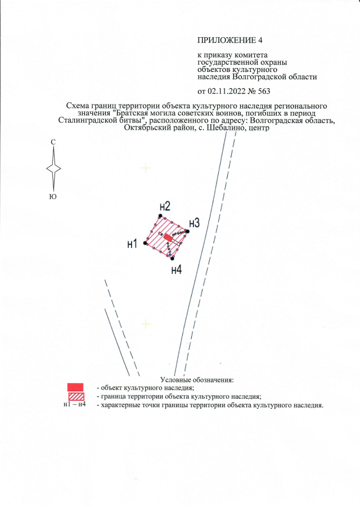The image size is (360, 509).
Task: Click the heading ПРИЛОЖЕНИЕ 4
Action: tap(230, 40)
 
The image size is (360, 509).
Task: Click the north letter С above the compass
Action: tap(53, 143)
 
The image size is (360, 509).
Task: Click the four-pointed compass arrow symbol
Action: tap(53, 169)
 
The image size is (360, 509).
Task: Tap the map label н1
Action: tap(133, 244)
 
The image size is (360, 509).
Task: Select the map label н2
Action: tap(164, 206)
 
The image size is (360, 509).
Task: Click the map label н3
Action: tap(194, 223)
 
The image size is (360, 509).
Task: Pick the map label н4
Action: tap(176, 270)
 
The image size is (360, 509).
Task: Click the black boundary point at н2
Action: tap(160, 216)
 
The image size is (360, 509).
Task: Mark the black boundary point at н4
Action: tap(172, 258)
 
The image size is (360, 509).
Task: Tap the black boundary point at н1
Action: tap(145, 244)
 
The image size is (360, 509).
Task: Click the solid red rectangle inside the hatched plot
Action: tap(168, 238)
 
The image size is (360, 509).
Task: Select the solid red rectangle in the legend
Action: tap(75, 387)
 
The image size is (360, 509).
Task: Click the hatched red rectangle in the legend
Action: tap(75, 397)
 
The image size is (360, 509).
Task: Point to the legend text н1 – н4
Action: tap(75, 405)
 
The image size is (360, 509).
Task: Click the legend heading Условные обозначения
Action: tap(196, 381)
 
